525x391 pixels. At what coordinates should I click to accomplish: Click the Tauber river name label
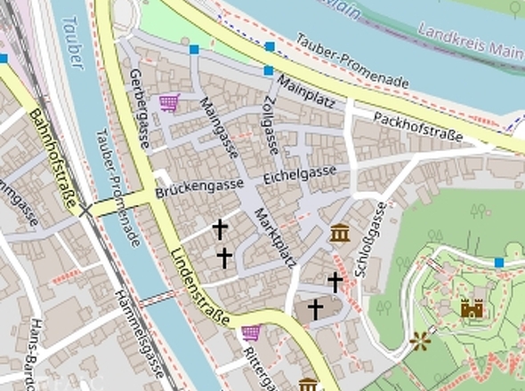(x=72, y=43)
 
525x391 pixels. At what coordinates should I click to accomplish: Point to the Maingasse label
(x=219, y=127)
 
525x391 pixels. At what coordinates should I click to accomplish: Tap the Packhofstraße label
(x=418, y=127)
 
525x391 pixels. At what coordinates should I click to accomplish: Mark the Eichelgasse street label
(x=300, y=174)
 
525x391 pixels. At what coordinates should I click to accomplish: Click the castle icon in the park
(x=472, y=307)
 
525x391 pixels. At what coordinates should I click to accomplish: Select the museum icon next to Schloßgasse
(x=339, y=234)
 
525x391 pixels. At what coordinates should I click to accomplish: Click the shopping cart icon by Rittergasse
(x=251, y=333)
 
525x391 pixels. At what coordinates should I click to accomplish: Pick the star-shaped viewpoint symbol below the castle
(x=421, y=339)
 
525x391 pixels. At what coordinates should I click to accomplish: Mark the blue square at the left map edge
(x=4, y=59)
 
